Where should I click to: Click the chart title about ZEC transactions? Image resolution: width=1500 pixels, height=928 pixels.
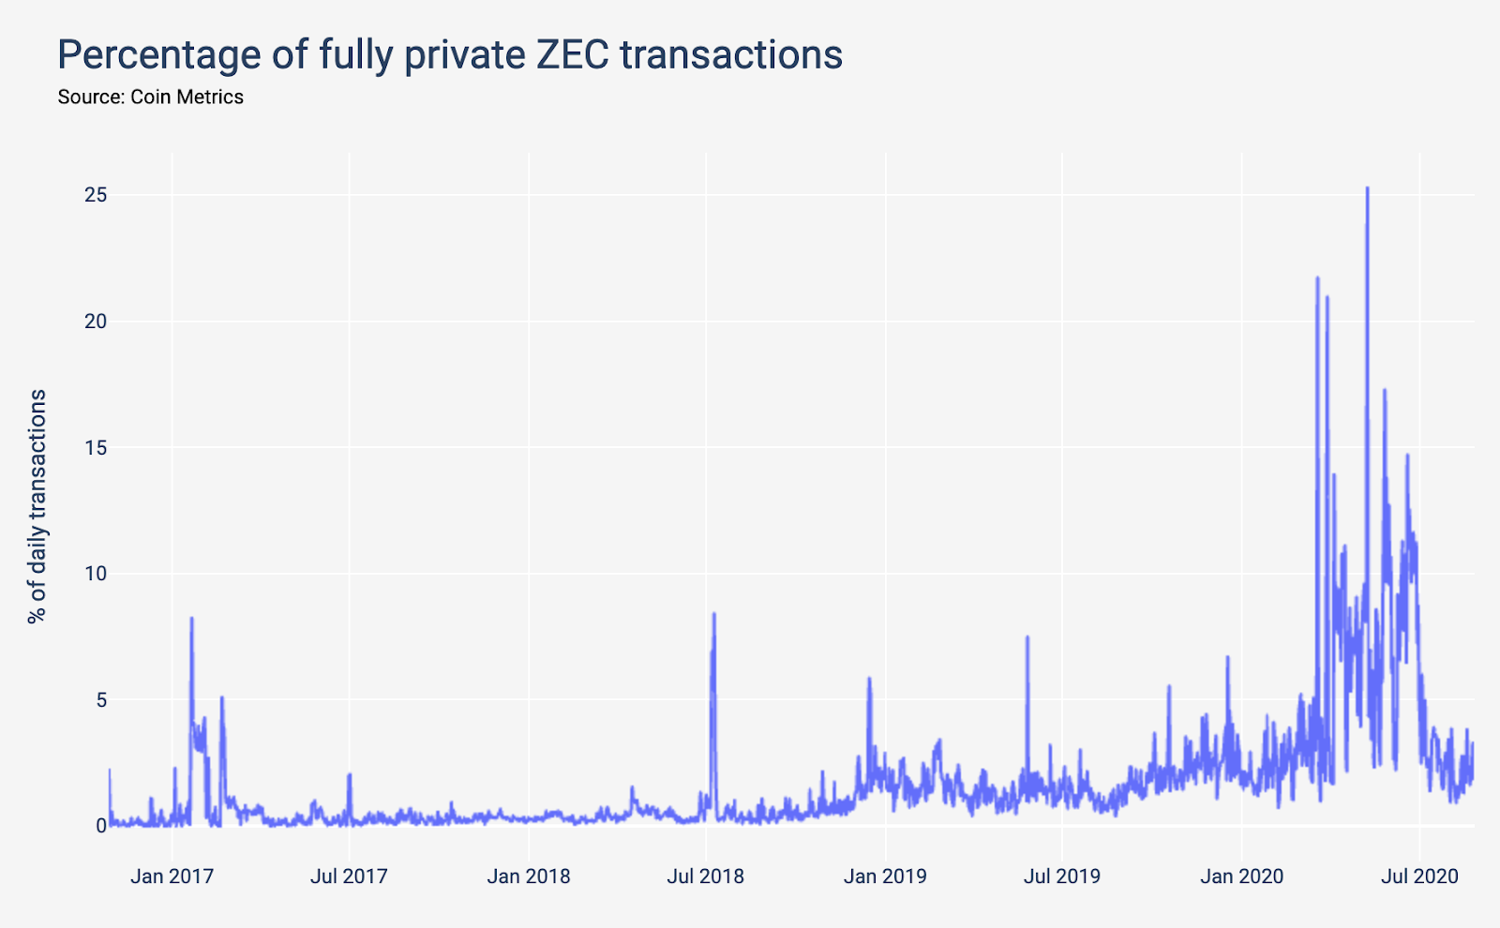pos(450,54)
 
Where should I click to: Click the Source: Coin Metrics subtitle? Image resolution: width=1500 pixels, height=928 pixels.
pos(150,97)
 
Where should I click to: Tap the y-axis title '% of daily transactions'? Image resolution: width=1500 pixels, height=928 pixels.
pos(37,507)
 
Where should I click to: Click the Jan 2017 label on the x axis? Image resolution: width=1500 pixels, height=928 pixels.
pos(172,876)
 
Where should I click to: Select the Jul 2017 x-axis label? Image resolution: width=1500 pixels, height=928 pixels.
pos(349,876)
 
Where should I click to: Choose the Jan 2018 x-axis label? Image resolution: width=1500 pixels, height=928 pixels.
pos(529,876)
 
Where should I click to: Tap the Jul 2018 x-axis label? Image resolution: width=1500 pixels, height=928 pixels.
pos(705,876)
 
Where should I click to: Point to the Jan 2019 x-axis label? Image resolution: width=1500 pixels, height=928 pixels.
pos(885,876)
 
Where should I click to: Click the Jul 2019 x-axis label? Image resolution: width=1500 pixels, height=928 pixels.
pos(1061,876)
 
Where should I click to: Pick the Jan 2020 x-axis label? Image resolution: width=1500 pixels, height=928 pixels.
pos(1242,876)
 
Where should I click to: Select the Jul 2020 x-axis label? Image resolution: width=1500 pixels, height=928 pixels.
pos(1419,876)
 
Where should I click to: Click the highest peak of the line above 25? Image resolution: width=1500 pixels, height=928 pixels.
pos(1367,188)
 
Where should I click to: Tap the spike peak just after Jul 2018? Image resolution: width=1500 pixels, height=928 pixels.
pos(714,614)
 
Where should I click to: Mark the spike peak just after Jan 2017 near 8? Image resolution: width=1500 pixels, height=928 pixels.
pos(191,619)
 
